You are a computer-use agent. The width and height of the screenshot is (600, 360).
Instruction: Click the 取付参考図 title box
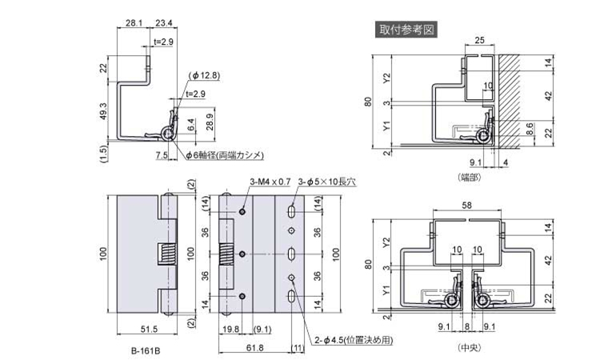[407, 30]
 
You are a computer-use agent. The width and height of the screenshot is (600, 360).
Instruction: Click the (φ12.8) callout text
[205, 75]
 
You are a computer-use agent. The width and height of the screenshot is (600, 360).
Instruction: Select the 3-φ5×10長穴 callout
[326, 182]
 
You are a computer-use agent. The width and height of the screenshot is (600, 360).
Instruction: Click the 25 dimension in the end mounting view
[479, 40]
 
